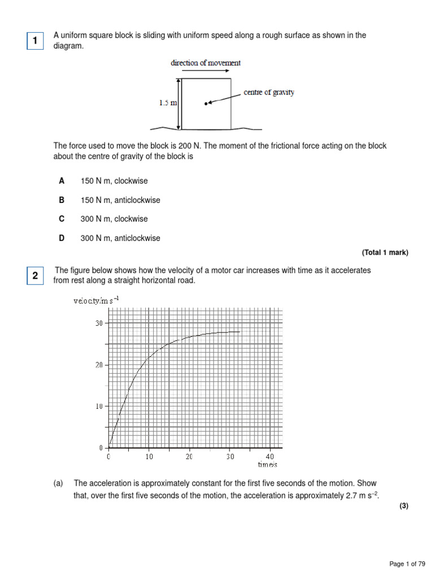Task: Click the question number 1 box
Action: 35,41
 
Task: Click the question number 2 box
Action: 35,276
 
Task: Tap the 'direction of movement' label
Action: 206,63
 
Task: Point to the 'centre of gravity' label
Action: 268,92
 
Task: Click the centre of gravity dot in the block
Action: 206,103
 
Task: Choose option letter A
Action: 62,181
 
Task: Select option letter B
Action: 62,200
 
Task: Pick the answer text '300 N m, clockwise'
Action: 114,219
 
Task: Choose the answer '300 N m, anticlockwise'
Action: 120,238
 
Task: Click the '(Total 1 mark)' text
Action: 384,253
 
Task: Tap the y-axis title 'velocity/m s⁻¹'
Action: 96,301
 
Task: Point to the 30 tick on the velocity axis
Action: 98,323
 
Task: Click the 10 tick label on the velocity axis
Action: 98,407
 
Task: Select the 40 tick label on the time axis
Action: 270,456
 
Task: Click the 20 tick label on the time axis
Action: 189,456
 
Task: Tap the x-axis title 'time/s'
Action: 267,465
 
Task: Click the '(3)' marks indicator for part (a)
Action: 403,506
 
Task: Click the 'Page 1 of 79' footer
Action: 407,564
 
